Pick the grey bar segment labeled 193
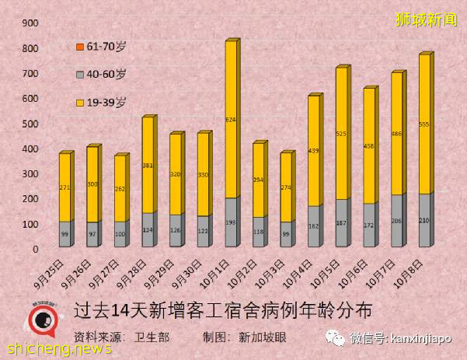231,222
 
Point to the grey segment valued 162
313,226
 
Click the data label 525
341,134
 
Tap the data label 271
65,187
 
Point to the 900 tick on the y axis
30,23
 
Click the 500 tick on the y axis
30,124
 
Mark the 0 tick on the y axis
36,249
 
